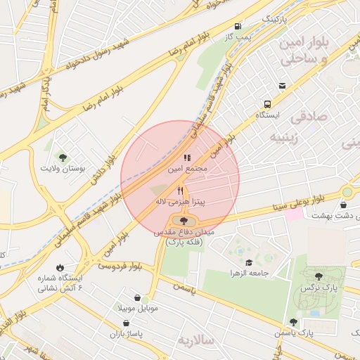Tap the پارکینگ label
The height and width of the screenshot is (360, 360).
pos(274,18)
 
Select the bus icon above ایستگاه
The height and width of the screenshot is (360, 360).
pos(282,86)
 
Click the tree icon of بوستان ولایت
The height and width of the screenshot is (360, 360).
pos(63,157)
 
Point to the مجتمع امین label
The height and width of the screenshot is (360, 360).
pos(187,169)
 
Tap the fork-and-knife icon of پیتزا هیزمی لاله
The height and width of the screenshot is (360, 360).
pos(180,190)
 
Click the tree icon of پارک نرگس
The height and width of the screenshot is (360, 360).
pos(319,276)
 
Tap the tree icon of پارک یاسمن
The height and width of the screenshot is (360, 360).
pos(294,322)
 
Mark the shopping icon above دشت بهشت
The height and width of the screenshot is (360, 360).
pos(342,205)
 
